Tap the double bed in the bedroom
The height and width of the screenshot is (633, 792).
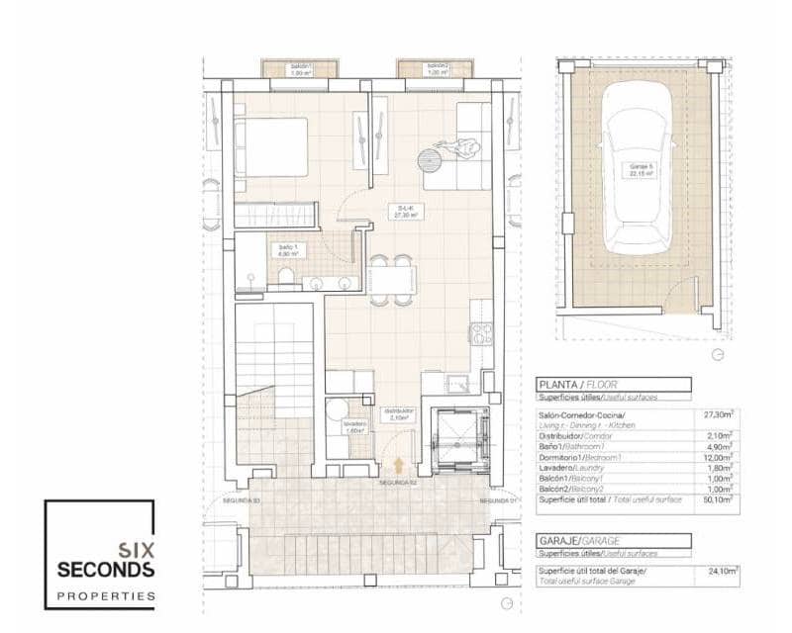[x=272, y=148]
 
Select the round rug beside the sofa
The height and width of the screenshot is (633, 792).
[x=432, y=159]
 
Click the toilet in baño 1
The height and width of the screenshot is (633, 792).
[x=285, y=276]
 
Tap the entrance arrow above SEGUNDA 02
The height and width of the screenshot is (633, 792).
[x=398, y=465]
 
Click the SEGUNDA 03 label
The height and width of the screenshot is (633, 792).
[x=240, y=501]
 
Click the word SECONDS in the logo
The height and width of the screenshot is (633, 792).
[x=106, y=570]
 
